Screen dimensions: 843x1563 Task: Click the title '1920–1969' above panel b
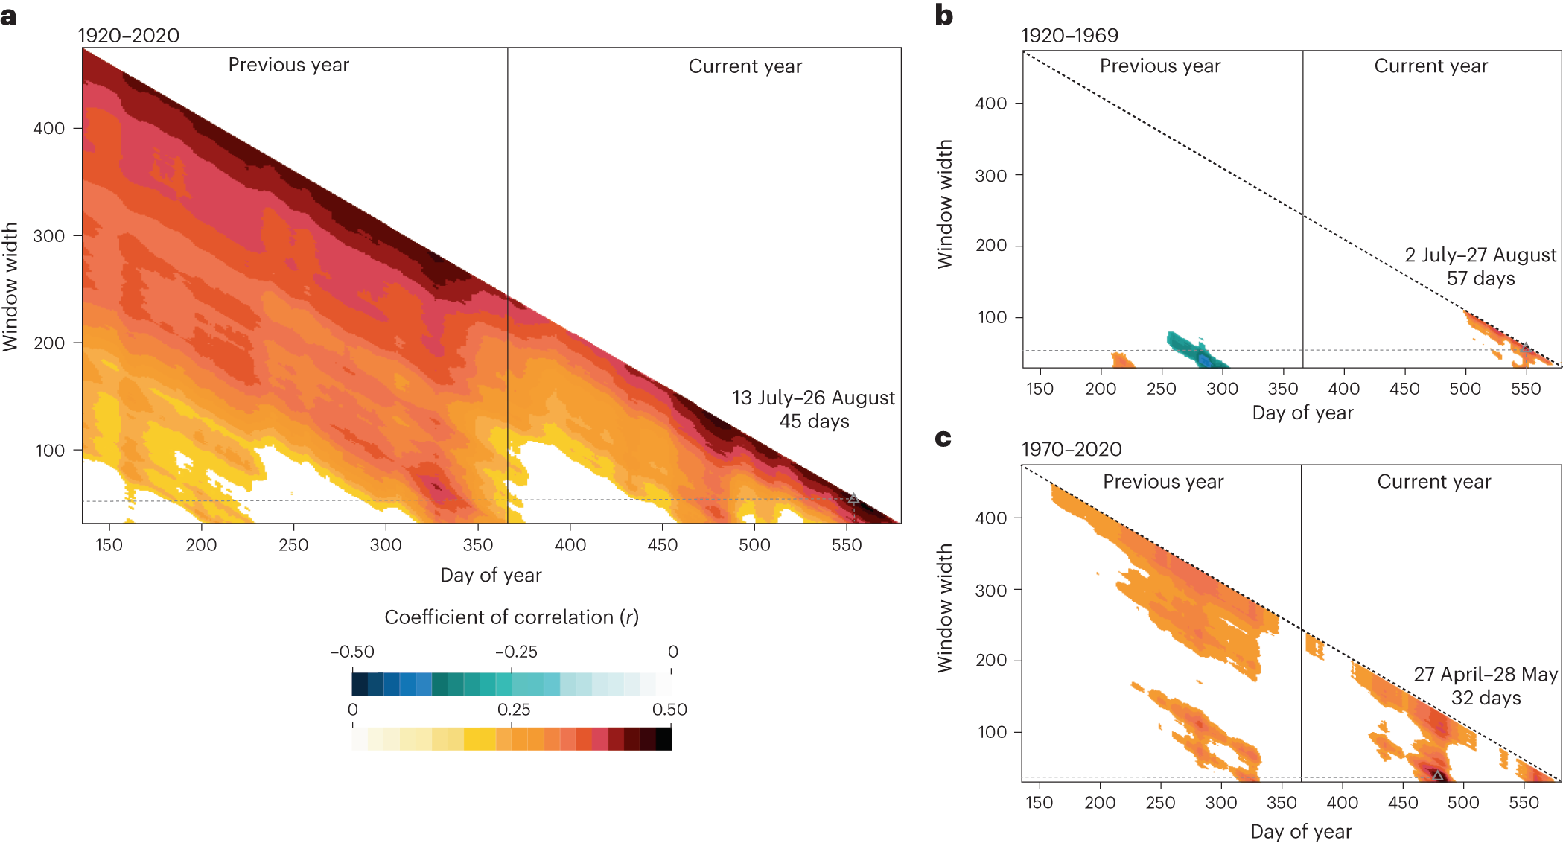pos(1069,36)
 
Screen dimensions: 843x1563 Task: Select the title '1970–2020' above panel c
pos(1071,449)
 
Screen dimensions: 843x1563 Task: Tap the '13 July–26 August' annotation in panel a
pos(813,398)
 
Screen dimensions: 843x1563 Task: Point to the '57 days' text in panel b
pos(1480,279)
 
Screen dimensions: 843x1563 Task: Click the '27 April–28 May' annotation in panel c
pos(1486,674)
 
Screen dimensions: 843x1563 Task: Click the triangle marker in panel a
pos(853,498)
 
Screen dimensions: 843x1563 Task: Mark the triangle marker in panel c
pos(1438,775)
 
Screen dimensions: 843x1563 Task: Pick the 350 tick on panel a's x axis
pos(478,545)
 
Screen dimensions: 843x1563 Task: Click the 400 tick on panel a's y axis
pos(49,128)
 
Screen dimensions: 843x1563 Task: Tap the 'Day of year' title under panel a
pos(491,575)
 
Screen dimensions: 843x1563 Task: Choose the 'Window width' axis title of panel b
pos(944,204)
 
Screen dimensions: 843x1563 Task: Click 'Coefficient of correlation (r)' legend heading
pos(512,617)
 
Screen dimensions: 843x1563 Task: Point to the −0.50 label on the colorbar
pos(352,652)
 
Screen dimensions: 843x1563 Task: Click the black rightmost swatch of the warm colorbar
pos(663,739)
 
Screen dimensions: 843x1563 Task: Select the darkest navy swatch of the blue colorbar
pos(360,684)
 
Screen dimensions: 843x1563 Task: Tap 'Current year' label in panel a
pos(745,66)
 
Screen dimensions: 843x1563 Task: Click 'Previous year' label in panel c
pos(1163,482)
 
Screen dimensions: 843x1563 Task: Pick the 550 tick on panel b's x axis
pos(1525,389)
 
